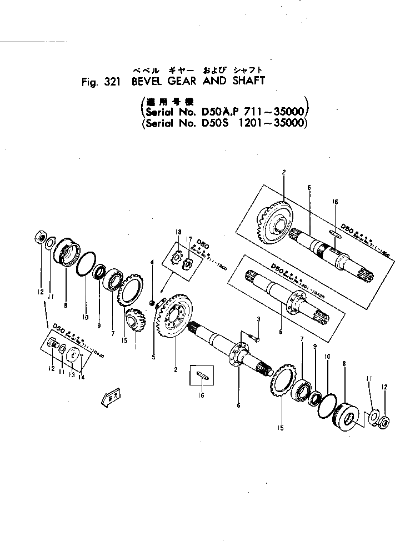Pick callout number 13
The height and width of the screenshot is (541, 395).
click(x=72, y=375)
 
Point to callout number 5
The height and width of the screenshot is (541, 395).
click(x=153, y=357)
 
